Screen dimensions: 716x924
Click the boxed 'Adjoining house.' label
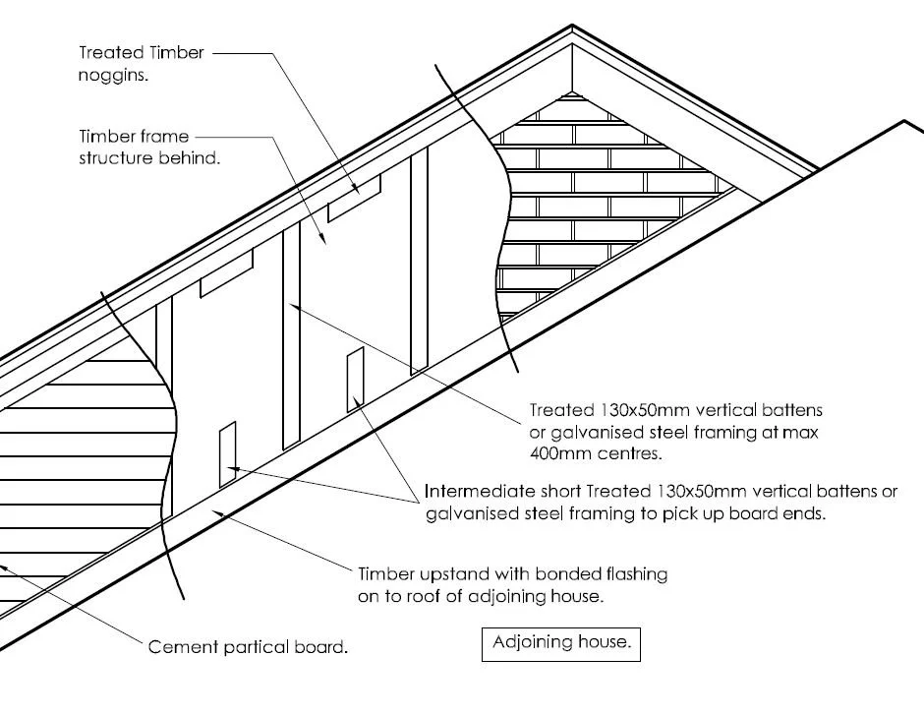pos(560,644)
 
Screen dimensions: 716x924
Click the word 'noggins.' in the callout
pos(113,76)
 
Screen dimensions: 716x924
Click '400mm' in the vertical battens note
pos(558,453)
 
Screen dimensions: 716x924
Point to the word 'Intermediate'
pos(475,491)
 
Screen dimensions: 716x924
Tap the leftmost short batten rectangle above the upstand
pos(227,453)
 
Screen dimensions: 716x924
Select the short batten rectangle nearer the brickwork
pos(355,379)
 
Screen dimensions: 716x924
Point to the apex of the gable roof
pos(571,30)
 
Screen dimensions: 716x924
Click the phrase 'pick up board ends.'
pos(750,513)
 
